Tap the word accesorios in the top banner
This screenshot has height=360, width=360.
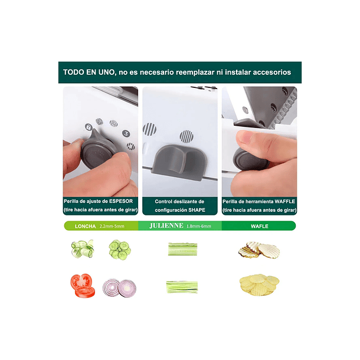click(272, 73)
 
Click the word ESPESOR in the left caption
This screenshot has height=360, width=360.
click(121, 201)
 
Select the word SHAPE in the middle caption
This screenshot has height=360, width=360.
click(197, 210)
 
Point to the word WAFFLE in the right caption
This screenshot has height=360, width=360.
click(284, 202)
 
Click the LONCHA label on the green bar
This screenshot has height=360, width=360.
click(85, 227)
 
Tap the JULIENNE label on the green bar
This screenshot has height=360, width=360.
click(166, 225)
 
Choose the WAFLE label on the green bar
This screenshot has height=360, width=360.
click(260, 227)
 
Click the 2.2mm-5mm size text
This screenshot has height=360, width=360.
click(112, 227)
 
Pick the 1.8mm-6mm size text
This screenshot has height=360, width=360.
click(199, 227)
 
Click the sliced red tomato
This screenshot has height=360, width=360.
click(83, 286)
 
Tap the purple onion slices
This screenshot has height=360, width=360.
click(119, 288)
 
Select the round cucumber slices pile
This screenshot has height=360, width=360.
click(120, 250)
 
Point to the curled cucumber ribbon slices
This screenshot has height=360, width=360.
click(83, 249)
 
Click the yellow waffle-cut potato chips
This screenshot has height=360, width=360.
click(259, 284)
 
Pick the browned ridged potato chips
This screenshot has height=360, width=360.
click(259, 250)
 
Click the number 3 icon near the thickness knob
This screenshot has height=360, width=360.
click(126, 133)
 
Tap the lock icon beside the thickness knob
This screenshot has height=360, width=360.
click(89, 127)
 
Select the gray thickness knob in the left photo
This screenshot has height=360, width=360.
click(97, 150)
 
